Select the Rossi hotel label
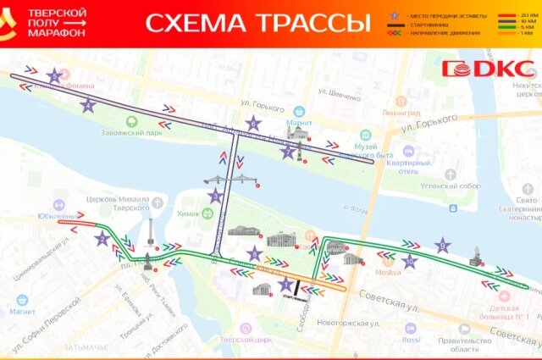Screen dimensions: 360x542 [x=412, y=340]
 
